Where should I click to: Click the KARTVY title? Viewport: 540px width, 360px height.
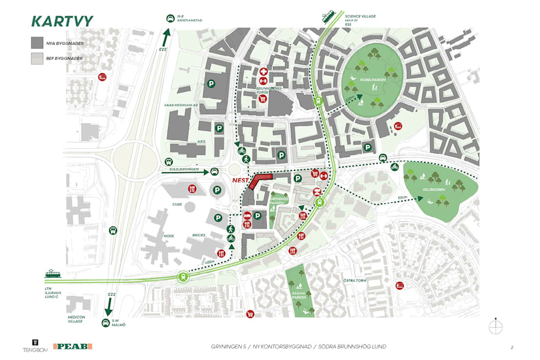pos(62,21)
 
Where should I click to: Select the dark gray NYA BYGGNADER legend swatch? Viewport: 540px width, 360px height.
pos(38,43)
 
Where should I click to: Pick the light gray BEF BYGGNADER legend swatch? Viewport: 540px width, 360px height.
pos(38,58)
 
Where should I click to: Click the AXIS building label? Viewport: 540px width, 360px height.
pos(192,142)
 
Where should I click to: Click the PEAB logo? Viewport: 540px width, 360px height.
pos(72,346)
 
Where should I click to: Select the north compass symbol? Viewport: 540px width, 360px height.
pos(496,327)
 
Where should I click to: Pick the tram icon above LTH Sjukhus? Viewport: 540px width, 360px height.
pos(53,275)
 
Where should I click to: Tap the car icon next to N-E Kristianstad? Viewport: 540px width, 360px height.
pos(170,18)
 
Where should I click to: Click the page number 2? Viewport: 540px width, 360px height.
pos(512,347)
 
